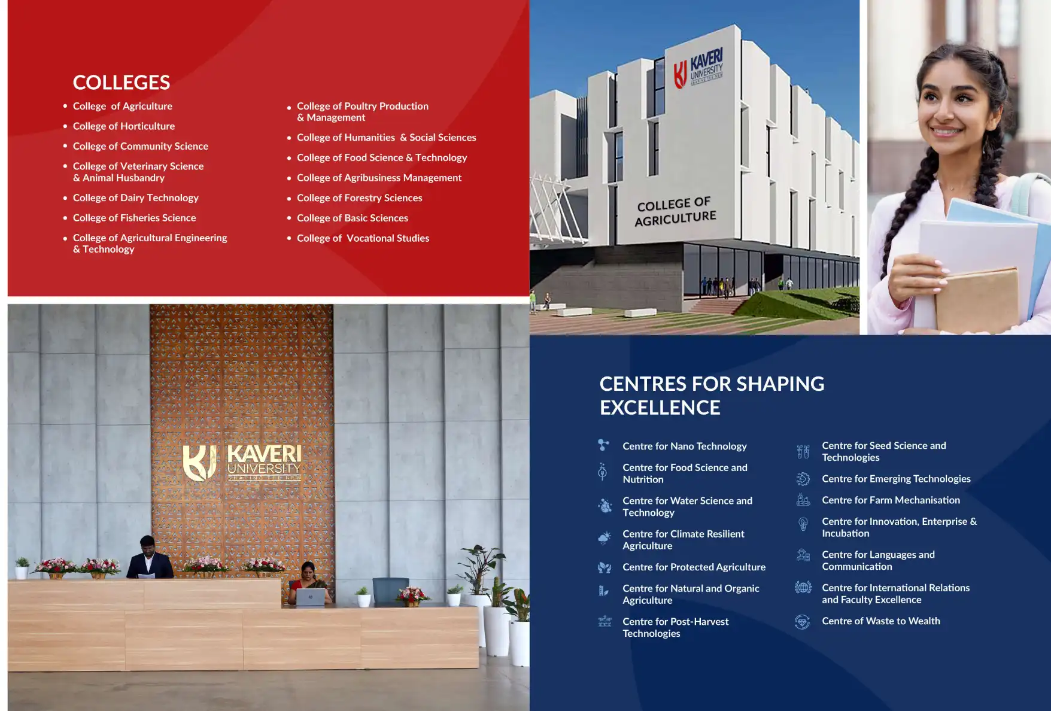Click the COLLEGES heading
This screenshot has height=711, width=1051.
click(x=121, y=83)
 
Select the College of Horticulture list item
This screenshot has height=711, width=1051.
click(x=124, y=126)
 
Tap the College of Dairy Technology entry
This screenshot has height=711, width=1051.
click(x=136, y=198)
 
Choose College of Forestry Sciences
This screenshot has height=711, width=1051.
click(x=360, y=198)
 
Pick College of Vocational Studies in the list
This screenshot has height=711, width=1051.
click(x=363, y=238)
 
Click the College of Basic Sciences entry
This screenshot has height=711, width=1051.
click(x=353, y=218)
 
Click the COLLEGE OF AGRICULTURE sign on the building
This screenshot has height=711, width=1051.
click(x=675, y=212)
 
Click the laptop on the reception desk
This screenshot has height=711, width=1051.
click(x=311, y=597)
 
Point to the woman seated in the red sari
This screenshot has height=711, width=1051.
click(x=309, y=583)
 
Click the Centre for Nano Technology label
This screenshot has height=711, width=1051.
click(x=685, y=446)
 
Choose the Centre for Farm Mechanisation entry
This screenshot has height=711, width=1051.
click(x=891, y=500)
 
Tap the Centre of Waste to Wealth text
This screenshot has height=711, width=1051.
click(x=881, y=621)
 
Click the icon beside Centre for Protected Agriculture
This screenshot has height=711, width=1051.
click(x=605, y=567)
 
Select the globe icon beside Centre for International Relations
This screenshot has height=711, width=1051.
click(x=803, y=587)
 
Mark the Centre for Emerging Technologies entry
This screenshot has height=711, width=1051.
click(x=896, y=479)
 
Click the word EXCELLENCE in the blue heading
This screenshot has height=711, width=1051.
click(x=660, y=408)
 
